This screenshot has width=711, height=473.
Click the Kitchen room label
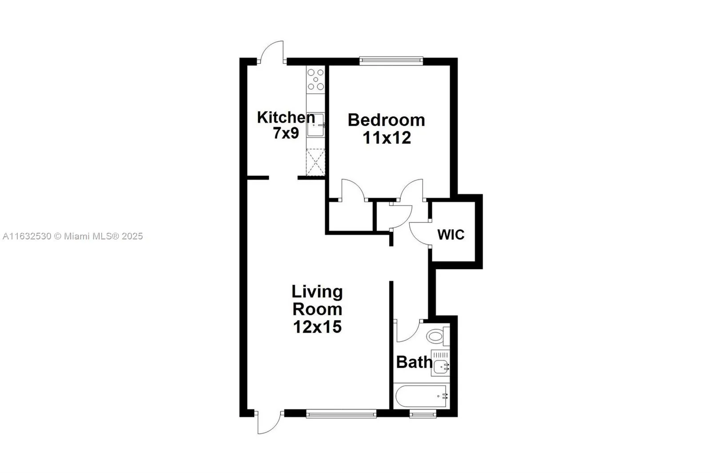[286, 118]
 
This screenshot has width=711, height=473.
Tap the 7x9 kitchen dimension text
[286, 133]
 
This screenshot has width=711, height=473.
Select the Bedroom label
[386, 120]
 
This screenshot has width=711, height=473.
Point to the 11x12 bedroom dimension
[387, 138]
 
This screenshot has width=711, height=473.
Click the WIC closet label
[451, 235]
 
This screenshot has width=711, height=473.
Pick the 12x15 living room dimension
[317, 327]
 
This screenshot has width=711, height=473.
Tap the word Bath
[414, 362]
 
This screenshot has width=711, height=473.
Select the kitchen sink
[315, 126]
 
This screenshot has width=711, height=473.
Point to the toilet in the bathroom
[436, 335]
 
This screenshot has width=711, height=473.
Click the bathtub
[420, 396]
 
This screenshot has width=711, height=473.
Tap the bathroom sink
[440, 367]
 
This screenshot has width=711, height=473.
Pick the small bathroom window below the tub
[423, 415]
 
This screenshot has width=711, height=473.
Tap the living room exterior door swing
[268, 423]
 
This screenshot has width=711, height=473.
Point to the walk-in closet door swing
[419, 233]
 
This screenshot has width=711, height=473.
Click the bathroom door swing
[406, 330]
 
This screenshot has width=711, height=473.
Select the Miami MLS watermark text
[72, 236]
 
